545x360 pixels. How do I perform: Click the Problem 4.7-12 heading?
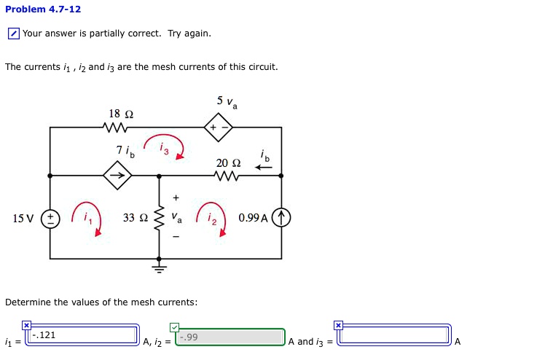click(43, 9)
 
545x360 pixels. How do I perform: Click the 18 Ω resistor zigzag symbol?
click(115, 128)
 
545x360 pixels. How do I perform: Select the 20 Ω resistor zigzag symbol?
click(227, 176)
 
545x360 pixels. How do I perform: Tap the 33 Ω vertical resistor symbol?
click(159, 218)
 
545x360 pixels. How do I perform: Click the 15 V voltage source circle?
click(50, 219)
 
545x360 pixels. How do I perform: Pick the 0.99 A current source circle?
click(281, 217)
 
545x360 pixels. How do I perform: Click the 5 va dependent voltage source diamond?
click(219, 128)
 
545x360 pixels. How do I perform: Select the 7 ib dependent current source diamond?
click(117, 175)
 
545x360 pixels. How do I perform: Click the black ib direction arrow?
click(264, 168)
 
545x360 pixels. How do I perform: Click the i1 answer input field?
click(82, 335)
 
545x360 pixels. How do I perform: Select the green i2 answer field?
click(230, 337)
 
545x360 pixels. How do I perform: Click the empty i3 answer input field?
click(394, 335)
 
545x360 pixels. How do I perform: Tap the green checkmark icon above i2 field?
click(174, 327)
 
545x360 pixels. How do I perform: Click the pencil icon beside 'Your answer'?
click(14, 34)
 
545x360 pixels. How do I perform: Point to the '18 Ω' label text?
click(121, 114)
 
